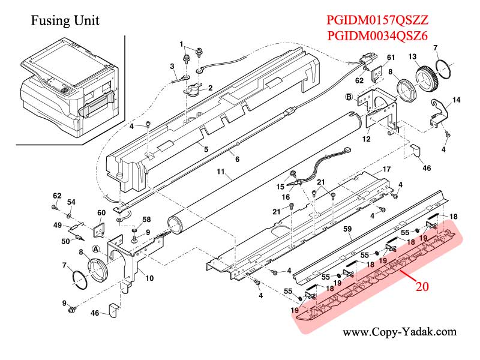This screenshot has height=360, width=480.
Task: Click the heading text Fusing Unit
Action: pyautogui.click(x=65, y=21)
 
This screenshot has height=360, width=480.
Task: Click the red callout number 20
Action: pyautogui.click(x=422, y=286)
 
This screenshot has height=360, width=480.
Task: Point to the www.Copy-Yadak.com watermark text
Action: pyautogui.click(x=399, y=332)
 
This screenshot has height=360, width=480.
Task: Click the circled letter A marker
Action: pyautogui.click(x=95, y=249)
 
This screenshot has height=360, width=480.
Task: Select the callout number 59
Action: pyautogui.click(x=347, y=228)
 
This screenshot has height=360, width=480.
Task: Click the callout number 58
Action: pyautogui.click(x=146, y=221)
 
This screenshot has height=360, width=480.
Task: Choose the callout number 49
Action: pyautogui.click(x=57, y=225)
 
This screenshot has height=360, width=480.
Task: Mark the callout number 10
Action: pyautogui.click(x=149, y=278)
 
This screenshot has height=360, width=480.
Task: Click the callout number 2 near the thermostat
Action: pyautogui.click(x=210, y=88)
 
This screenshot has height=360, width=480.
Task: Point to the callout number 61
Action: pyautogui.click(x=391, y=57)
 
